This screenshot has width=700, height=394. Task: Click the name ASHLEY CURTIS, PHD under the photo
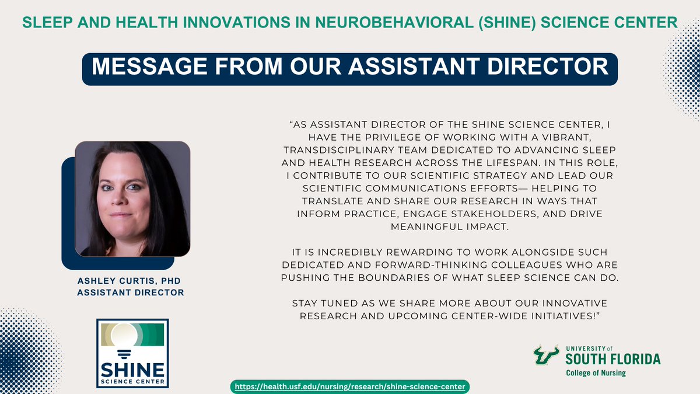pos(130,280)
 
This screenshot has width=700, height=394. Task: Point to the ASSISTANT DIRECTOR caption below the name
pos(130,291)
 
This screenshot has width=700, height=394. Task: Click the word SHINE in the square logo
pos(132,371)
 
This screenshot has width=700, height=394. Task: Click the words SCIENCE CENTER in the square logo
pos(132,383)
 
